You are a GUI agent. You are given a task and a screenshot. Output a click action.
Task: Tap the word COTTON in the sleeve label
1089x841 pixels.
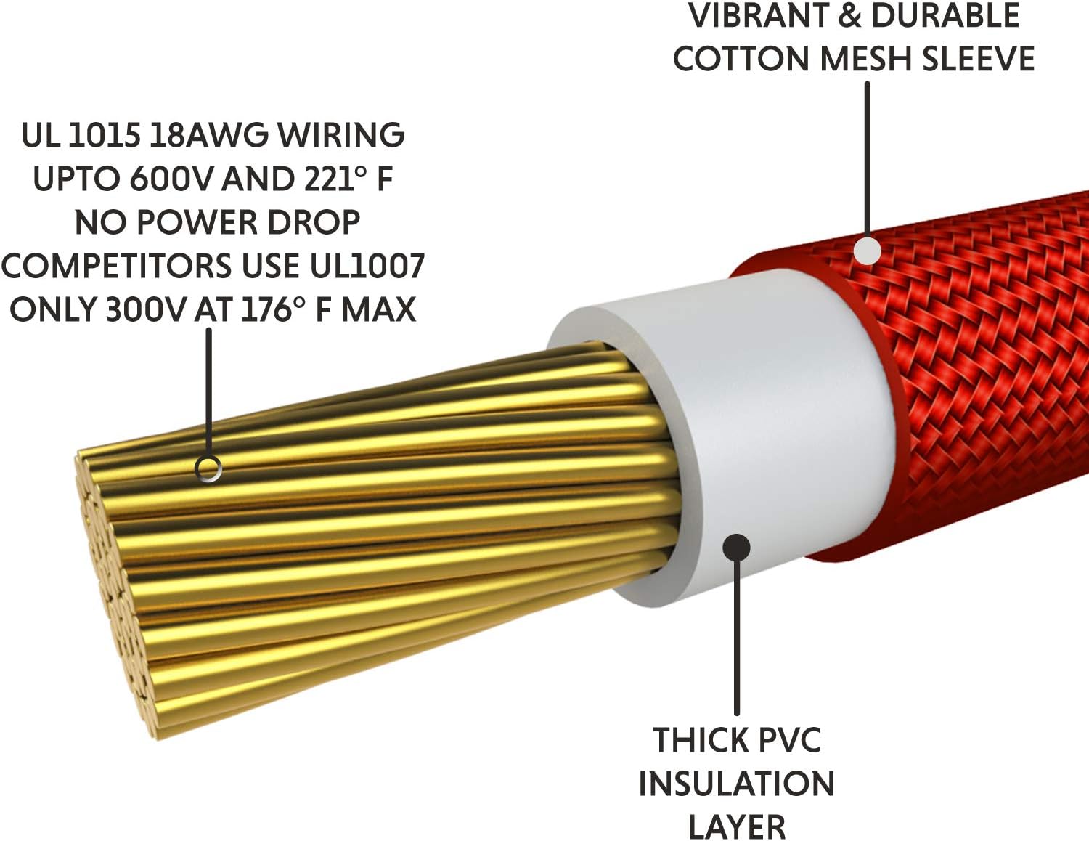tap(741, 59)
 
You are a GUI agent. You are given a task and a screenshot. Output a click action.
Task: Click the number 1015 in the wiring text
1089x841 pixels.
tap(103, 135)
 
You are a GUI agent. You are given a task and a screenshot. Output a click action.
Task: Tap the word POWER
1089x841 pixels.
tap(197, 222)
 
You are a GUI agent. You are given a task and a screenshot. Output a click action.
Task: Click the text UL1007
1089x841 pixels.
tap(367, 266)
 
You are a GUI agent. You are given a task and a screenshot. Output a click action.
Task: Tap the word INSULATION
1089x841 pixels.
tap(736, 783)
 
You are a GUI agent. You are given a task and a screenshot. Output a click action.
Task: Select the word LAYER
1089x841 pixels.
tap(737, 826)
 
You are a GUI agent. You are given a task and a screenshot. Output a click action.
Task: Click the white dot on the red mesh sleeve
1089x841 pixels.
tap(867, 250)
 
